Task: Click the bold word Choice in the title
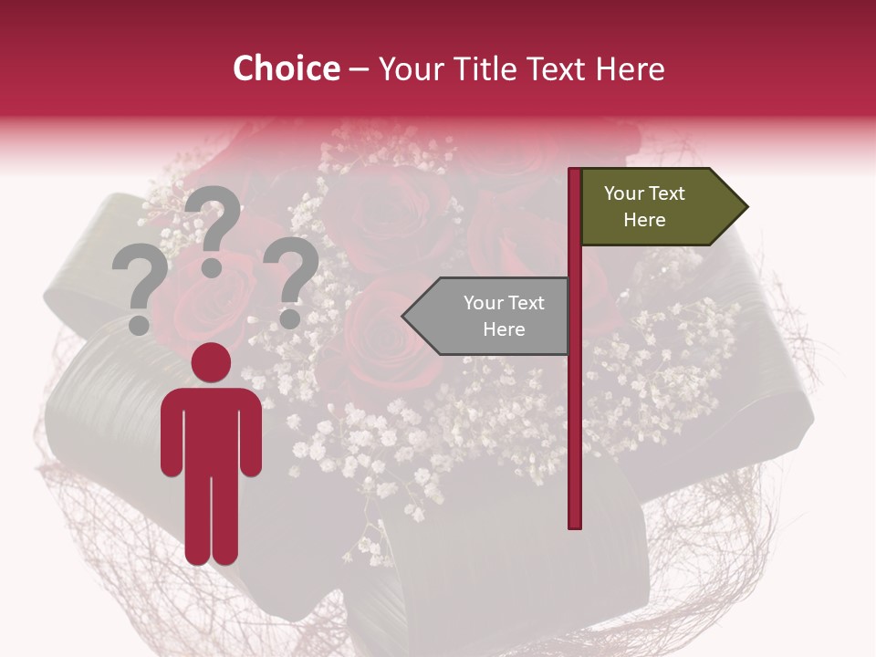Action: (x=286, y=68)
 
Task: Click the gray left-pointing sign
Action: (x=493, y=316)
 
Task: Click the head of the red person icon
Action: (x=211, y=362)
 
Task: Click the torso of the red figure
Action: (x=211, y=429)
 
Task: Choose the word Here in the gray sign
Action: (x=504, y=329)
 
